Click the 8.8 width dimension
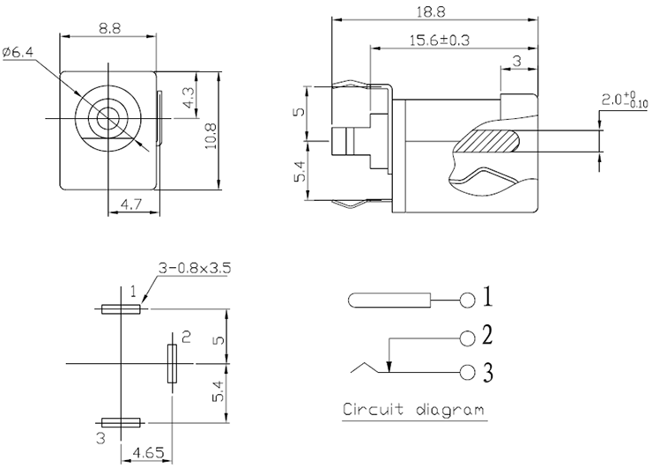pos(109,28)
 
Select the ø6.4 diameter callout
pos(19,53)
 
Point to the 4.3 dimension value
pos(189,98)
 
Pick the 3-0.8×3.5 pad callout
pos(194,268)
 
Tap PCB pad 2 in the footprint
pos(171,363)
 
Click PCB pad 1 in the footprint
pos(121,309)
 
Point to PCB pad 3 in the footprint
pos(121,423)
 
